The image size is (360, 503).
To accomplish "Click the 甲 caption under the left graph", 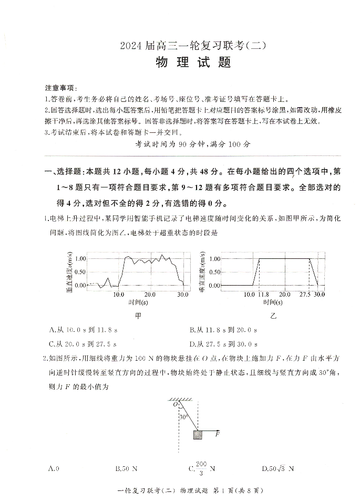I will (139, 316).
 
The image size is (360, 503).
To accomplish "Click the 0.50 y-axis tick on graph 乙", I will (215, 273).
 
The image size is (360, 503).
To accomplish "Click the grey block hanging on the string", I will (198, 435).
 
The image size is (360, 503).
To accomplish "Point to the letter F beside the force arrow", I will (217, 435).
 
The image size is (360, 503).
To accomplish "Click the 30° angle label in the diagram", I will (183, 417).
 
